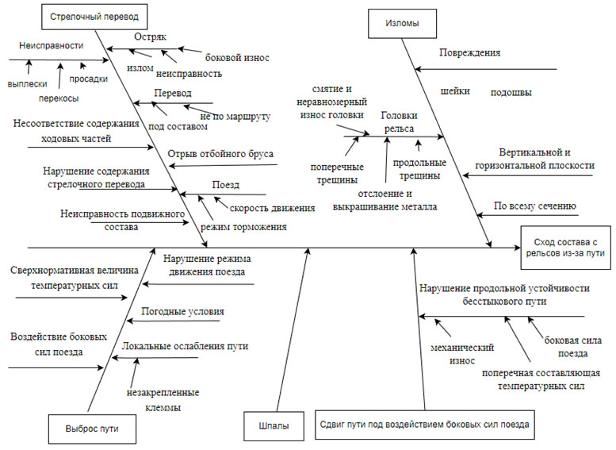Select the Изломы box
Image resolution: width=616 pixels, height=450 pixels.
[x=403, y=23]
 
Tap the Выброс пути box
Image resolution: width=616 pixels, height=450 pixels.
[x=87, y=428]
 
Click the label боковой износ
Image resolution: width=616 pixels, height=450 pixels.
[x=237, y=58]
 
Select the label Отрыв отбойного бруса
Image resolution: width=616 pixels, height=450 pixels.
[x=220, y=153]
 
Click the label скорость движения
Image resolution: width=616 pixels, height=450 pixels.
[x=273, y=208]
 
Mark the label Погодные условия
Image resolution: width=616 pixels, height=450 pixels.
[x=182, y=311]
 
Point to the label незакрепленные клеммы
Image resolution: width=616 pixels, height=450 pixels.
[x=163, y=400]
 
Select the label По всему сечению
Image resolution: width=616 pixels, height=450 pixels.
[x=534, y=206]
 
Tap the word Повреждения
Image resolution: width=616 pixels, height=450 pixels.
[x=469, y=52]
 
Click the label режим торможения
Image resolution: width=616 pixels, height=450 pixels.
[x=243, y=226]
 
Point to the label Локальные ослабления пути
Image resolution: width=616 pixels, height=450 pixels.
[x=186, y=346]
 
